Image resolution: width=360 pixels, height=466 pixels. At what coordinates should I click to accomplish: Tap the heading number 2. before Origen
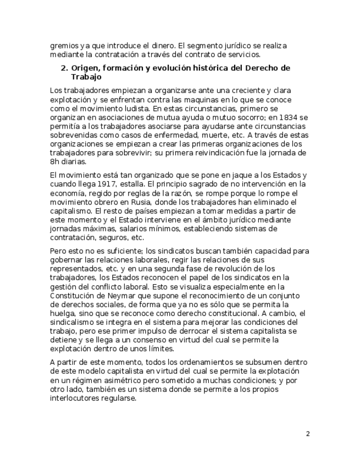64,68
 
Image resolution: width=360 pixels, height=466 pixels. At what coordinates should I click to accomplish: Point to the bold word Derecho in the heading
258,68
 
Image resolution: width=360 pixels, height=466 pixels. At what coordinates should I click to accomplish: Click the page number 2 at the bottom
308,434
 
